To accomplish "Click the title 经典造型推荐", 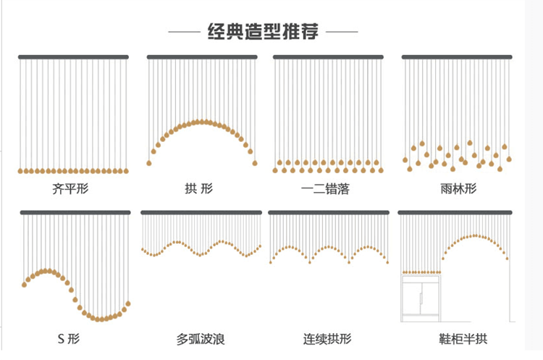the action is point(263,32).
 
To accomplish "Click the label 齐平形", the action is point(70,189).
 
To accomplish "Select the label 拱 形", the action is point(199,189).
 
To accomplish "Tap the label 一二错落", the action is point(325,189).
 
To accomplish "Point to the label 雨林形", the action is point(458,189).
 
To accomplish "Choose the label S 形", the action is point(69,338).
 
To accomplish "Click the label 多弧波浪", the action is point(201,339).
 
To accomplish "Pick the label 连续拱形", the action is point(327,339).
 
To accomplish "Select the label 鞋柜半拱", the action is point(463,339).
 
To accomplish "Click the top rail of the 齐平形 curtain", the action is point(73,56).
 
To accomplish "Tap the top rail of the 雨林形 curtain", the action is point(457,56).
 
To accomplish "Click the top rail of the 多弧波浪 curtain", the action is point(201,212).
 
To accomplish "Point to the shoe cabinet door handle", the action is point(421,298).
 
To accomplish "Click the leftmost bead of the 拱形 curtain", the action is point(149,163).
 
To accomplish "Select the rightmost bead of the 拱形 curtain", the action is point(255,163).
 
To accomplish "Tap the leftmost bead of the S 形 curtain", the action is point(24,285).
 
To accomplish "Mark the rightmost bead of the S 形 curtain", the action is point(128,304).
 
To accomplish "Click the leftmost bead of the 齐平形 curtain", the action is point(20,171).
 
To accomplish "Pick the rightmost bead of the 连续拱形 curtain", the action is point(387,262).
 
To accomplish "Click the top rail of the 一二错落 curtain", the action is point(328,56).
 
